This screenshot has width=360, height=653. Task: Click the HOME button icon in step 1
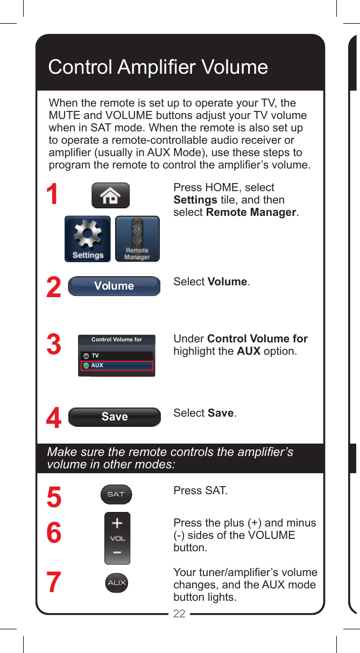point(110,195)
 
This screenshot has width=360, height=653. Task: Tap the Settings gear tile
point(88,238)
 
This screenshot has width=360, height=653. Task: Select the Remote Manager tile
point(137,238)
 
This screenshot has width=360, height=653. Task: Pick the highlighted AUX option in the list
point(117,366)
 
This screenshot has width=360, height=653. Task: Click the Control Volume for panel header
point(117,340)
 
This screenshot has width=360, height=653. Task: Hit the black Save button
point(115,417)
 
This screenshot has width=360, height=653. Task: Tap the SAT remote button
point(116,494)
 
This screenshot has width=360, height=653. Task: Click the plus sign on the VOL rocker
point(117,523)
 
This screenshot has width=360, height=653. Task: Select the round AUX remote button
point(117,583)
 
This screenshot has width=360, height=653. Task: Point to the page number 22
point(179,613)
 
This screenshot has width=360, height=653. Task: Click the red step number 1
point(52,195)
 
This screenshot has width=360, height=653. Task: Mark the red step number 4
point(53,419)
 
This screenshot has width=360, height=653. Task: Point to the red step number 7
point(53,583)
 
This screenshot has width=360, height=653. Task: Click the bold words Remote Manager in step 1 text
point(251,212)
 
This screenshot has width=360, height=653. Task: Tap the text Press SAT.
point(200,491)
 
